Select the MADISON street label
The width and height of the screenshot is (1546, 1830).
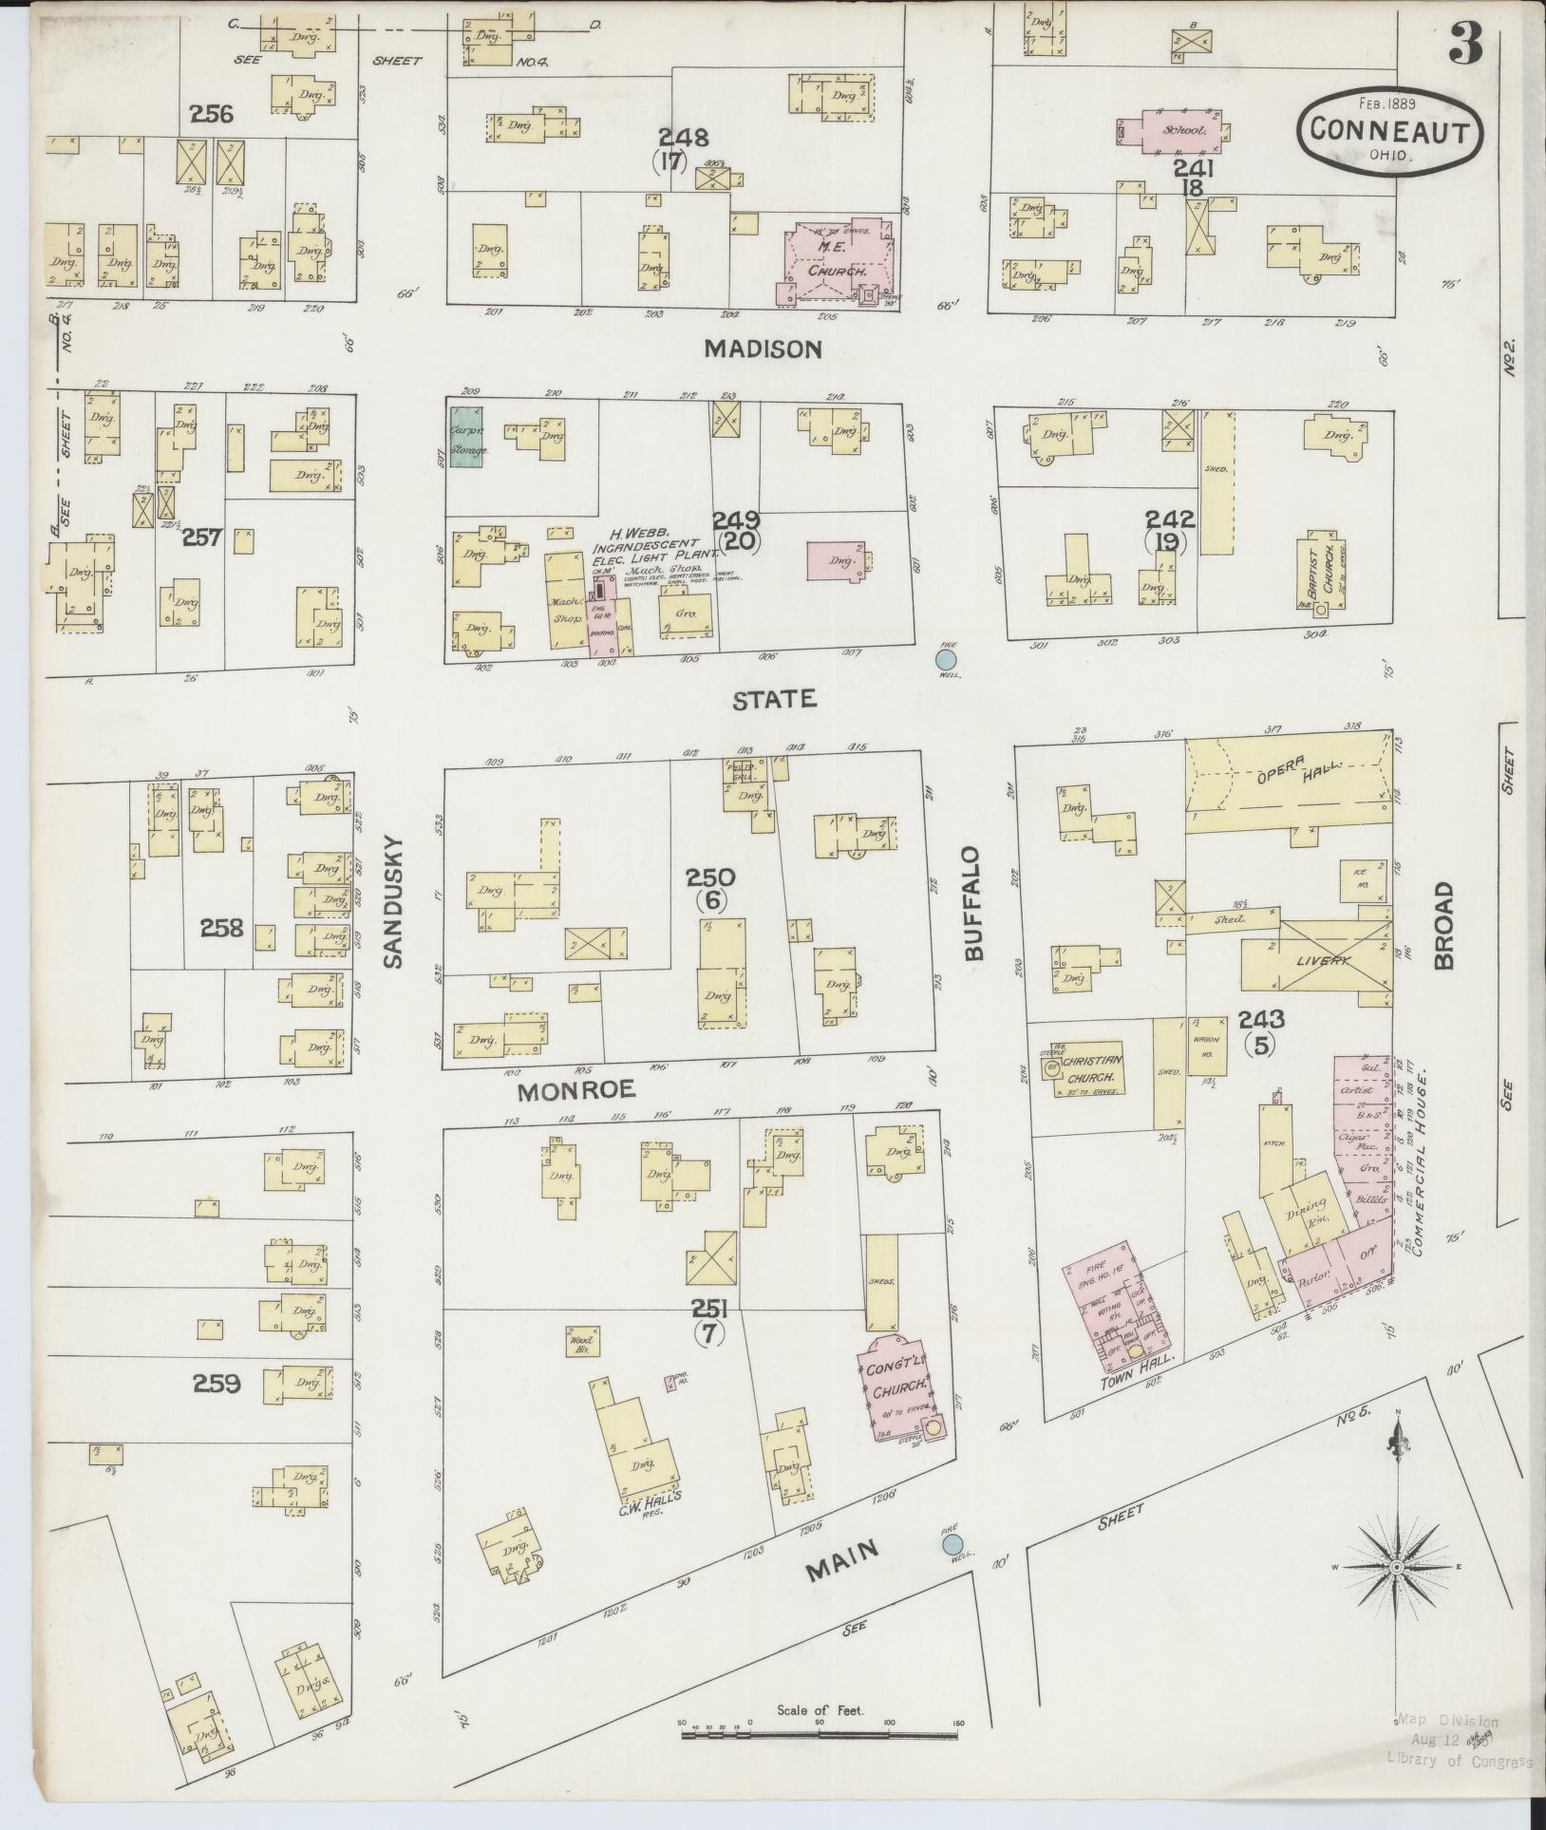[763, 349]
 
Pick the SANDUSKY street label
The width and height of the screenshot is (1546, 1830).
[393, 901]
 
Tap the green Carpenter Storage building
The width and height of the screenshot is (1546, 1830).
[465, 436]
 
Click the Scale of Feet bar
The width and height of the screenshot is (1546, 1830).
[820, 1735]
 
